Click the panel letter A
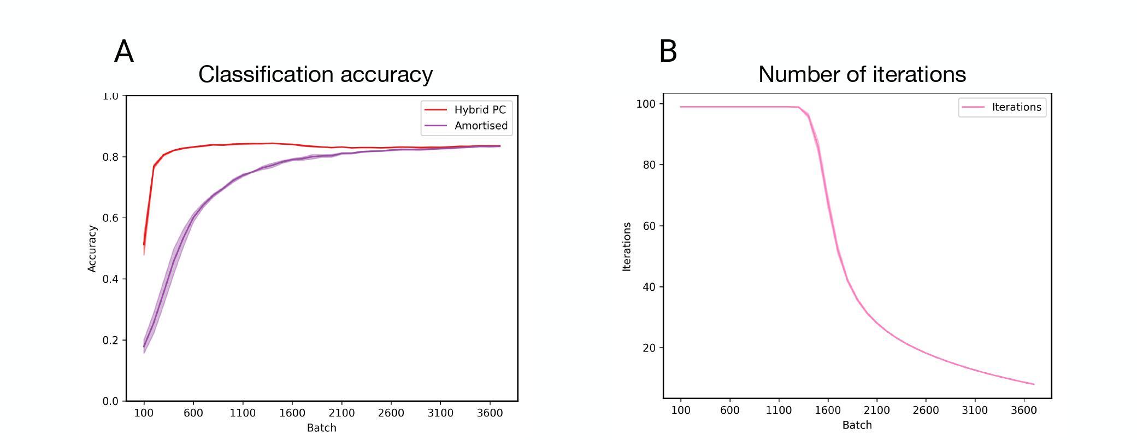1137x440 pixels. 124,52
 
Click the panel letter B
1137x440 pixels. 668,51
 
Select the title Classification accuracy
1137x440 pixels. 315,74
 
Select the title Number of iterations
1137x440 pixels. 862,74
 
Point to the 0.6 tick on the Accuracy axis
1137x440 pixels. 110,218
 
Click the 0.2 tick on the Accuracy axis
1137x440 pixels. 110,340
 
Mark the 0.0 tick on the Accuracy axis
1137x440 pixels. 110,401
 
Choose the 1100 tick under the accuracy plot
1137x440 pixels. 243,413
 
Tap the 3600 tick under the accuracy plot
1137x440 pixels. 490,413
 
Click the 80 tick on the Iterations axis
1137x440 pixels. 649,165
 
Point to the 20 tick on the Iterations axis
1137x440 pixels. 649,348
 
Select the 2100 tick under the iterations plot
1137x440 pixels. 876,410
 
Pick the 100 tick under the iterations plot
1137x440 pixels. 680,410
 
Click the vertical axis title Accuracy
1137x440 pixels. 92,249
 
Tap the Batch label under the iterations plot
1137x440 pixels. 857,425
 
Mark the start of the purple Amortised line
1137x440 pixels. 144,347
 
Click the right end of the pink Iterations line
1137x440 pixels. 1034,384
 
